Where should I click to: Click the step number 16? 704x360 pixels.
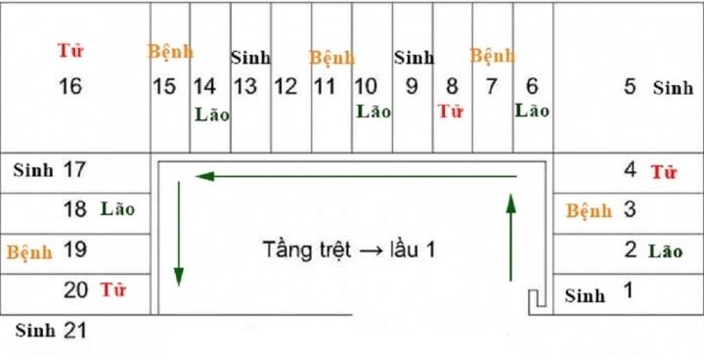coord(70,86)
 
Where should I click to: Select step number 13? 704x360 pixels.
coord(245,86)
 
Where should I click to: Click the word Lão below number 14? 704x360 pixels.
coord(212,113)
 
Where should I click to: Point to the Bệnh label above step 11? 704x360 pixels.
coord(332,58)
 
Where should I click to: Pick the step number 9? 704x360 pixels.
coord(412,86)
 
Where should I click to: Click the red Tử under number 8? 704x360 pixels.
coord(450,111)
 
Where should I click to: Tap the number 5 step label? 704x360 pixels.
coord(631,86)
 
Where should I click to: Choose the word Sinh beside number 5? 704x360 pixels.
coord(673,88)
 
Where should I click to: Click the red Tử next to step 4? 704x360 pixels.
coord(664,173)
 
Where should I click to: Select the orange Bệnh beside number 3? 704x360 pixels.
coord(589,210)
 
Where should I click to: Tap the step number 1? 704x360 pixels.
coord(629,290)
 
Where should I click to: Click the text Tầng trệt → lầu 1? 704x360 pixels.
coord(348,248)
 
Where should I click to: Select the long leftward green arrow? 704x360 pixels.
coord(356,176)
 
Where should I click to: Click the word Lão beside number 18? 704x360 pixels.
coord(117,208)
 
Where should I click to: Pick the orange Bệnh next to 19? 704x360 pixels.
coord(29,251)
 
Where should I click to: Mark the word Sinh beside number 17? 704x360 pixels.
coord(33,170)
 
